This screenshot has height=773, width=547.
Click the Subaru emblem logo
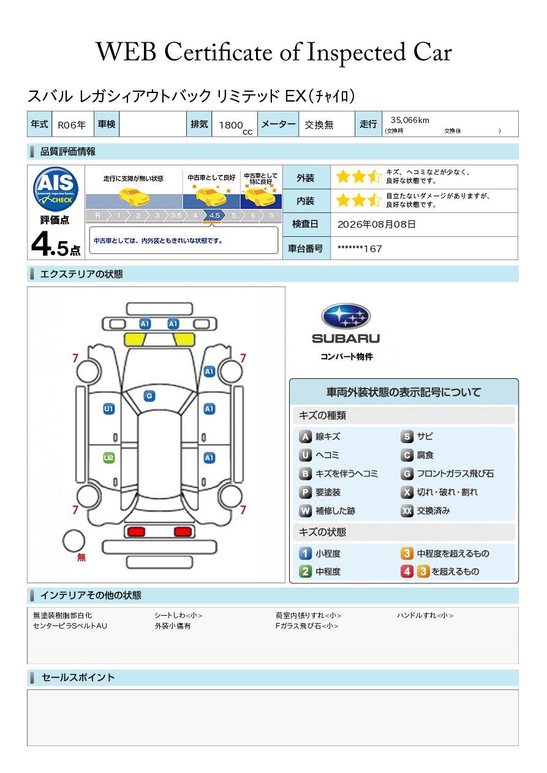point(345,316)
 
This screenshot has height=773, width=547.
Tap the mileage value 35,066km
point(410,120)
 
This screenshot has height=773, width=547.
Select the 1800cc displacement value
point(235,126)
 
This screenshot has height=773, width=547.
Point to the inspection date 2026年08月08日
point(377,225)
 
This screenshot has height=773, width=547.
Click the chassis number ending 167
point(360,249)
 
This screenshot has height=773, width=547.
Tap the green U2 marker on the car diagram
point(109,458)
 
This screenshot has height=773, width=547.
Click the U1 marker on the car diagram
point(109,409)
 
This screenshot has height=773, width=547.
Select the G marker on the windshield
point(149,396)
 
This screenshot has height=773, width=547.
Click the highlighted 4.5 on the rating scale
point(214,215)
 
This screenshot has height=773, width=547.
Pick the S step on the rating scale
point(272,215)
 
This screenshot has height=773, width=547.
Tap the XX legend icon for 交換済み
point(407,510)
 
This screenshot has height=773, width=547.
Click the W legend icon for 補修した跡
point(305,510)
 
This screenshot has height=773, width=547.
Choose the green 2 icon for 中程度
point(305,572)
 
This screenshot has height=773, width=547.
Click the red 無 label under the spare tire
point(81,557)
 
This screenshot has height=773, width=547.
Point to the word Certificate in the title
point(218,52)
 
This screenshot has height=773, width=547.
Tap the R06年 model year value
point(72,125)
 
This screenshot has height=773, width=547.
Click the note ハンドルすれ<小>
point(425,615)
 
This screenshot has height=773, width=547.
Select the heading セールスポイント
point(78,678)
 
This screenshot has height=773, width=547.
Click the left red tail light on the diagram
point(136,531)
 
